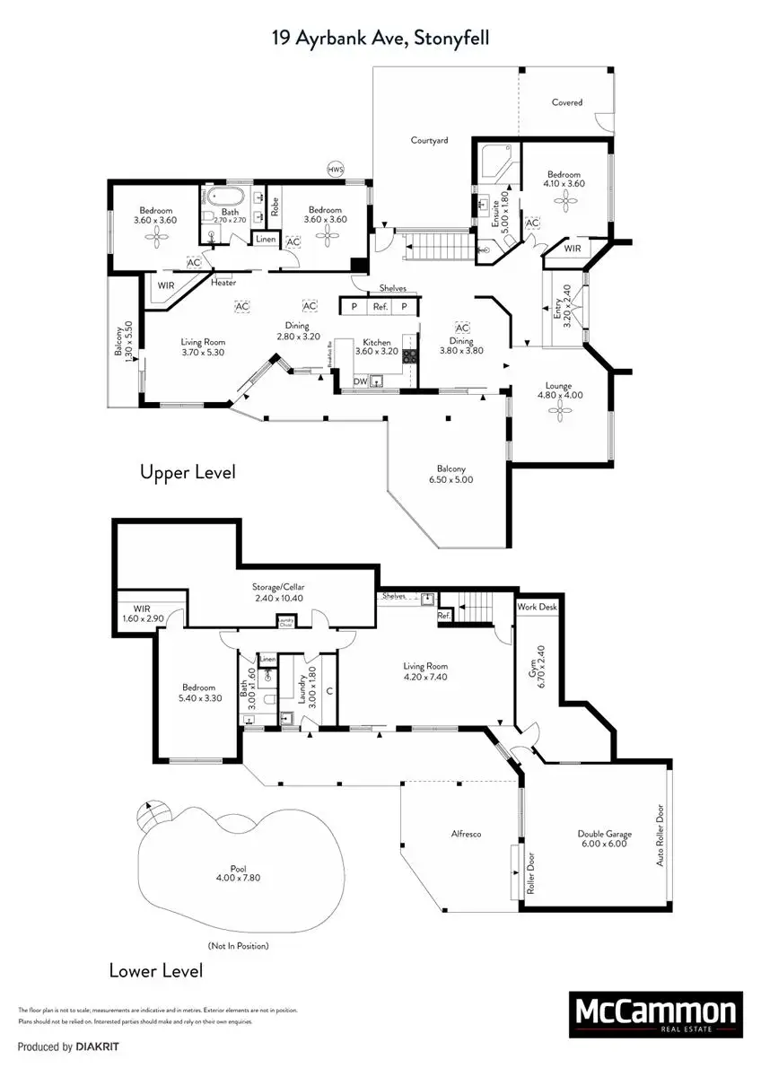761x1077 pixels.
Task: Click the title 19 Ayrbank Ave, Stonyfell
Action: (380, 38)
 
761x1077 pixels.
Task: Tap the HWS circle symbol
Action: (336, 169)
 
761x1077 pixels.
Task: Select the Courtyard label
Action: (429, 140)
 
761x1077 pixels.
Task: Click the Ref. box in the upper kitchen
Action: (380, 306)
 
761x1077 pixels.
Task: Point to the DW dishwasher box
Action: (360, 381)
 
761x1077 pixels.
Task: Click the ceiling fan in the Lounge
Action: (561, 410)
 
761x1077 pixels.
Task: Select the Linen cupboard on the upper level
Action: (265, 239)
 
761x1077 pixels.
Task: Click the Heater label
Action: (223, 283)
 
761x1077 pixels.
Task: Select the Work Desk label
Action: (537, 607)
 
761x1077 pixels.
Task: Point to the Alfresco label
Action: (466, 834)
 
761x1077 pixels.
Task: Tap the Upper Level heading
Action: (188, 472)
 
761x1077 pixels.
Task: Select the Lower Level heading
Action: (155, 970)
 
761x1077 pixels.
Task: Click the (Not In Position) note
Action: (238, 945)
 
